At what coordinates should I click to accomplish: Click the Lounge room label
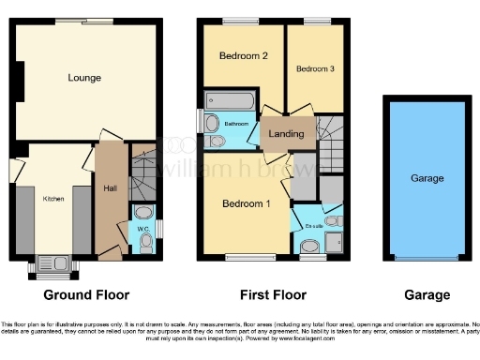click(84, 78)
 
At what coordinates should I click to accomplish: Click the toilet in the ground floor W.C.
click(145, 243)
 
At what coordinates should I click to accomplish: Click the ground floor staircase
click(143, 172)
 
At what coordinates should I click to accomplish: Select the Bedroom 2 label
click(244, 56)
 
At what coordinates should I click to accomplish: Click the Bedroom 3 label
click(314, 68)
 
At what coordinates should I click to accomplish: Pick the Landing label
click(286, 133)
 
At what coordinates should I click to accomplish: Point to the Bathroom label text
click(235, 123)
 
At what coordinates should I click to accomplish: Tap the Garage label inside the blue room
click(427, 178)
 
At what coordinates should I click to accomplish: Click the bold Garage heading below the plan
click(427, 295)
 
